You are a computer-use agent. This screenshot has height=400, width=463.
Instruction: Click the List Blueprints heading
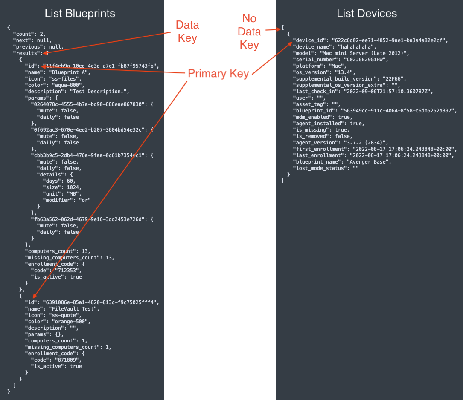point(80,14)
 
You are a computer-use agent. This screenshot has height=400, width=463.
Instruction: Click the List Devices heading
point(367,14)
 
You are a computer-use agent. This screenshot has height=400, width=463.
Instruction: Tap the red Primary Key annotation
point(218,73)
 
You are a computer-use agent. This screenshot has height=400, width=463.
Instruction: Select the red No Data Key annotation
point(249,32)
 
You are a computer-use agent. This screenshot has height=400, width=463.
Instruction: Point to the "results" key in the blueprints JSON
point(26,53)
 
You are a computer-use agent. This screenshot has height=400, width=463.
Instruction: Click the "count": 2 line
point(29,34)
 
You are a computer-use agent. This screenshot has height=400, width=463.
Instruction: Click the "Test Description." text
point(99,92)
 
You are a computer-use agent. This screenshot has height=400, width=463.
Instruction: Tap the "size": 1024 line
point(62,187)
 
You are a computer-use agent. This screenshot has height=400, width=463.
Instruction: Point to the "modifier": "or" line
point(67,200)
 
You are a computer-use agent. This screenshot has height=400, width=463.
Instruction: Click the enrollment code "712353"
point(68,271)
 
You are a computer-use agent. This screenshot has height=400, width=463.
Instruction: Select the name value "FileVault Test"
point(74,308)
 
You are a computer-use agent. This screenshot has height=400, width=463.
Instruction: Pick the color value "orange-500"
point(71,322)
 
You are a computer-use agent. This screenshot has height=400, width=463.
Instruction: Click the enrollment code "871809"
point(68,360)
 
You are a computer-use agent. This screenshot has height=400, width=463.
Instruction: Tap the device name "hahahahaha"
point(357,46)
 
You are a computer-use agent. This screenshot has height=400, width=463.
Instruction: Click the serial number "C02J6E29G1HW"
point(366,60)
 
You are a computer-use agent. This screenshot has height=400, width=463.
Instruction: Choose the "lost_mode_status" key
point(320,168)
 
